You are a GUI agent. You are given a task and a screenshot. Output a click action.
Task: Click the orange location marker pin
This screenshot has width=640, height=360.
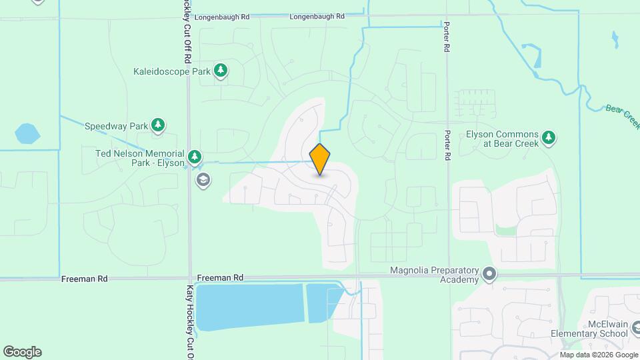[x=320, y=159]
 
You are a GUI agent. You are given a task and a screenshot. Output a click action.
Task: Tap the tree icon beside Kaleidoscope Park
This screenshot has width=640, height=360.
[x=221, y=71]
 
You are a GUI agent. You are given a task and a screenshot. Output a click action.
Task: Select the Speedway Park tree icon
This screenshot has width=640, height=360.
[x=158, y=125]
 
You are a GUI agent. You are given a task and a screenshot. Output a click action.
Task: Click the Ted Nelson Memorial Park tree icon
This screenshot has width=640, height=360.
[x=195, y=157]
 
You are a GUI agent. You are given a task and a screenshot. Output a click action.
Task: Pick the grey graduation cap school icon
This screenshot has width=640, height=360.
[x=203, y=179]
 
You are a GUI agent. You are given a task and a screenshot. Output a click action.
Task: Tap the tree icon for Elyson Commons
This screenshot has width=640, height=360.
[x=549, y=137]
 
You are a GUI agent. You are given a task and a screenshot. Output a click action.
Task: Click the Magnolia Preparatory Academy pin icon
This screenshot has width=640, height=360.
[x=490, y=275]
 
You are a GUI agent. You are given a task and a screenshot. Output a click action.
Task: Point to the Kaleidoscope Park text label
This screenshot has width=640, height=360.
[x=171, y=71]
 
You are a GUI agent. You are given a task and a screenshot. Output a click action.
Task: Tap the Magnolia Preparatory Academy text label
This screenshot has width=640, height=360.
[x=435, y=275]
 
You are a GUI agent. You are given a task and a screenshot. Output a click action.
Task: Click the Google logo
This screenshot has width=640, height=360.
[x=22, y=351]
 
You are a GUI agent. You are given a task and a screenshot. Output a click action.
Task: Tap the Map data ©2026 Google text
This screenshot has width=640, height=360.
[x=597, y=355]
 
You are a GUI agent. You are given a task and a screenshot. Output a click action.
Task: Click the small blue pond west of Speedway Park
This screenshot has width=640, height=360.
[x=27, y=133]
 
